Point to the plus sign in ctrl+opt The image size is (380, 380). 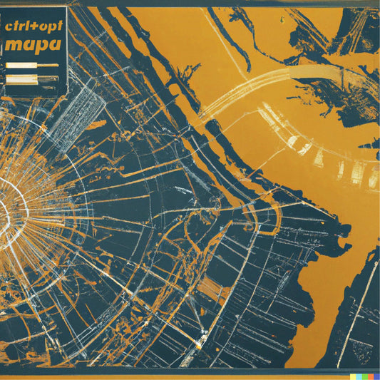click(33, 24)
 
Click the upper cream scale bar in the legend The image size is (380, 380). click(31, 65)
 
